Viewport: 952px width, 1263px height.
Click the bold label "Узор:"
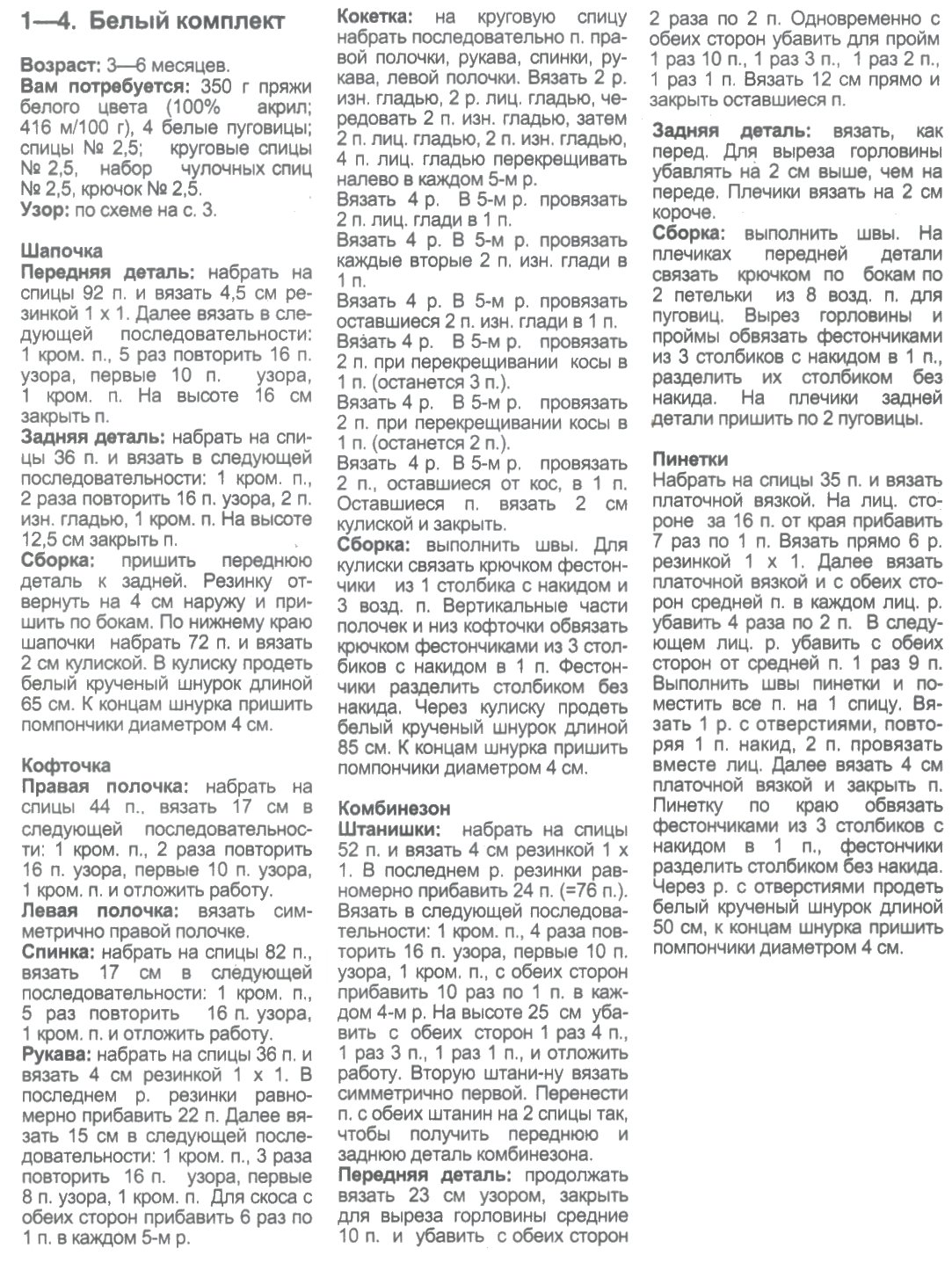pos(45,210)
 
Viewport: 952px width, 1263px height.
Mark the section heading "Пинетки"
pos(690,459)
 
